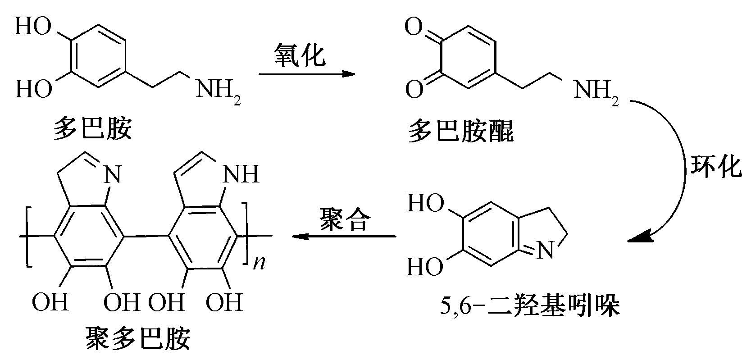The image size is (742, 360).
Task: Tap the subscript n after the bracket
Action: (x=259, y=264)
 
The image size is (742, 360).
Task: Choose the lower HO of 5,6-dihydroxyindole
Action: (x=424, y=268)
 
